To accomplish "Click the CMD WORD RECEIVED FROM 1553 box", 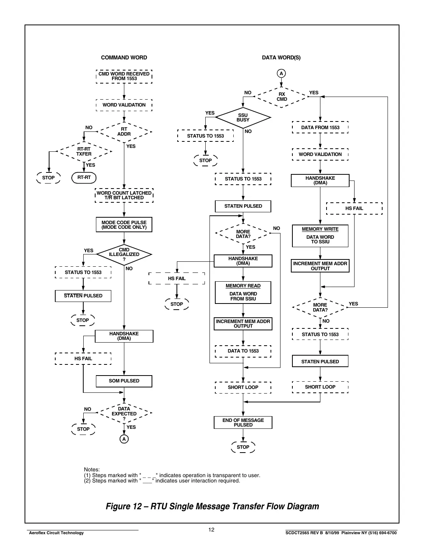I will [124, 76].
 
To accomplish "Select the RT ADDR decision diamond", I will [124, 132].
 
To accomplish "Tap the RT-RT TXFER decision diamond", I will [84, 151].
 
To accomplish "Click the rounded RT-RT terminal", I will [84, 178].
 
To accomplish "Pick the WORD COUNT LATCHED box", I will [124, 195].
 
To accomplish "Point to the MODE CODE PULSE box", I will [124, 225].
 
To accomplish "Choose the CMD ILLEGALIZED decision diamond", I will [124, 254].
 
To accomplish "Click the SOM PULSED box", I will [124, 381].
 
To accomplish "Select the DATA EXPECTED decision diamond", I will [124, 413].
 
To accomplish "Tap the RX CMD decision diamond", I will [282, 97].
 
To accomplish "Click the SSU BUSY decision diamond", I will [243, 118].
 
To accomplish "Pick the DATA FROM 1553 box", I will [320, 128].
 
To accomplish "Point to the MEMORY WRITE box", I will [320, 236].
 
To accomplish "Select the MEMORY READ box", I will [243, 292].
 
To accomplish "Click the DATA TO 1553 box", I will [243, 351].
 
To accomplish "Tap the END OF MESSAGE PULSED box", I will [243, 423].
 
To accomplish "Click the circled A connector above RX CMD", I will [281, 74].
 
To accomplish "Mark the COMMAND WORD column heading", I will [124, 57].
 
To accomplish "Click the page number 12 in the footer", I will [211, 530].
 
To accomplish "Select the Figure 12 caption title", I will [212, 506].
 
